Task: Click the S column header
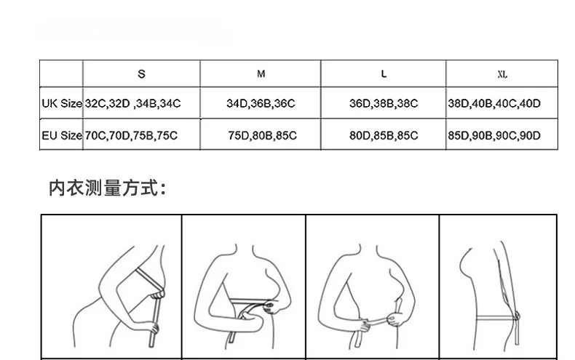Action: tap(141, 74)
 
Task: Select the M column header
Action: tap(261, 74)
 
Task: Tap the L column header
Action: tap(384, 74)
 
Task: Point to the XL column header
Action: tap(502, 74)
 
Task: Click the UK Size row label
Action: tap(62, 103)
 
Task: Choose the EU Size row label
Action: tap(62, 136)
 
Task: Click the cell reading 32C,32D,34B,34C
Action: tap(132, 103)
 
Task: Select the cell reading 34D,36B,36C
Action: tap(261, 103)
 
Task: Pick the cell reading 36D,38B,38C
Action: tap(384, 103)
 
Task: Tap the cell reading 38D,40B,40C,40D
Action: tap(494, 103)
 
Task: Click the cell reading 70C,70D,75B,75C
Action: tap(131, 136)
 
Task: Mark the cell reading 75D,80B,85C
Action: tap(262, 136)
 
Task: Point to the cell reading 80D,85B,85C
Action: tap(384, 136)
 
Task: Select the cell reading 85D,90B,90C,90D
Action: tap(494, 136)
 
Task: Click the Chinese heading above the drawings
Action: tap(108, 188)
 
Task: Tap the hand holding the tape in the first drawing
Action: tap(151, 327)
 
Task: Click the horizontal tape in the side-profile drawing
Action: tap(495, 318)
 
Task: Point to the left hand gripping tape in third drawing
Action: tap(365, 325)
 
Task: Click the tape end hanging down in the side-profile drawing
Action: tap(517, 332)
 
